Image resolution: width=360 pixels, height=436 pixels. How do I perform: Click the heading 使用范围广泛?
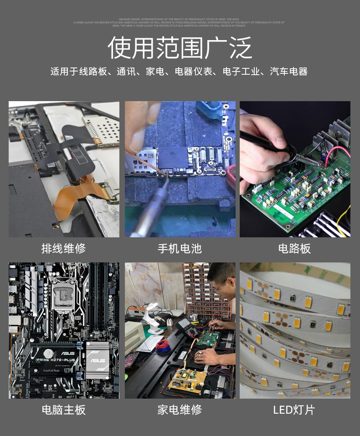[180, 47]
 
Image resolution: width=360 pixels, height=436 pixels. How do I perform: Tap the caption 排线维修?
[63, 248]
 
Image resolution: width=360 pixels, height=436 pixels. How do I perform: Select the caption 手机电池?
[180, 248]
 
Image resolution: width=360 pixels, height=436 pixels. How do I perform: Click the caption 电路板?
[294, 248]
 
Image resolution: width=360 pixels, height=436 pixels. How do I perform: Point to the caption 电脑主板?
[63, 410]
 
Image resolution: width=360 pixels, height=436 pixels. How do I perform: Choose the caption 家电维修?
[180, 410]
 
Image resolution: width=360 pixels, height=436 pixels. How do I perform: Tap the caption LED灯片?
[294, 410]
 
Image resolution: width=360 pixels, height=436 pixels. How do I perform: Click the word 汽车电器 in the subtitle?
[288, 72]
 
